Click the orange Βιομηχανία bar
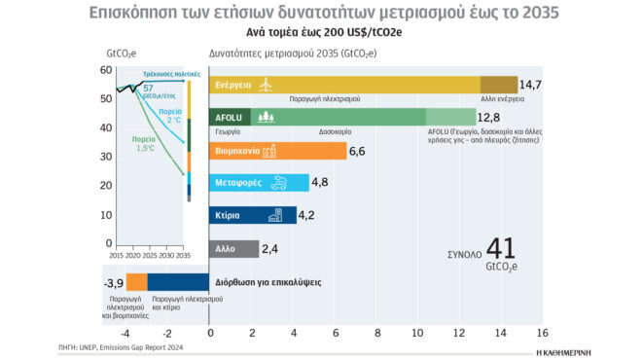point(278,151)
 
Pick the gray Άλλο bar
point(234,248)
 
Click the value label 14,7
point(530,85)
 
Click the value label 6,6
point(357,151)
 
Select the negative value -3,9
point(112,283)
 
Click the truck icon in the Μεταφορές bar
point(278,183)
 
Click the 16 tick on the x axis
point(542,333)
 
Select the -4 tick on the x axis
point(125,333)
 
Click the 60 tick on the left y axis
point(107,70)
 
